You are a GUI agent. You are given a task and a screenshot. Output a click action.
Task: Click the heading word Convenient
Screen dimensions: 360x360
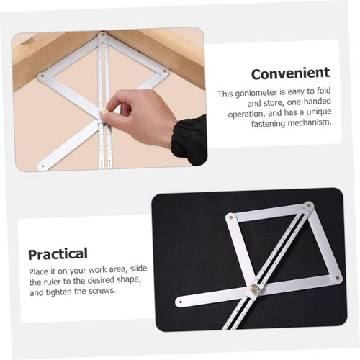tap(290, 73)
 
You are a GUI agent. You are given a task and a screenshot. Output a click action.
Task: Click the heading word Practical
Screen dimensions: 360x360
tap(58, 253)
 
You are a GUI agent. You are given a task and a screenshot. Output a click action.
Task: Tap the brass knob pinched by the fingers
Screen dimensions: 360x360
tap(104, 112)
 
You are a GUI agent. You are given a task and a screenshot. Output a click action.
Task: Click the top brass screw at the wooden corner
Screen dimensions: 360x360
tap(102, 35)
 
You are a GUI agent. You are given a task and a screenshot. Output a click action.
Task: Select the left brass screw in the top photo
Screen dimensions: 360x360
tap(42, 75)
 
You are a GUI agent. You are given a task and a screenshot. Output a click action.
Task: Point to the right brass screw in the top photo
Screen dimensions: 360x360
tap(164, 71)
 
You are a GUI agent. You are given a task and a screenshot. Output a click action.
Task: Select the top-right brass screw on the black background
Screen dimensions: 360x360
tap(308, 205)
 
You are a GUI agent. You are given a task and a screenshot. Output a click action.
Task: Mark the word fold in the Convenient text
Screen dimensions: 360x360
tap(326, 94)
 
